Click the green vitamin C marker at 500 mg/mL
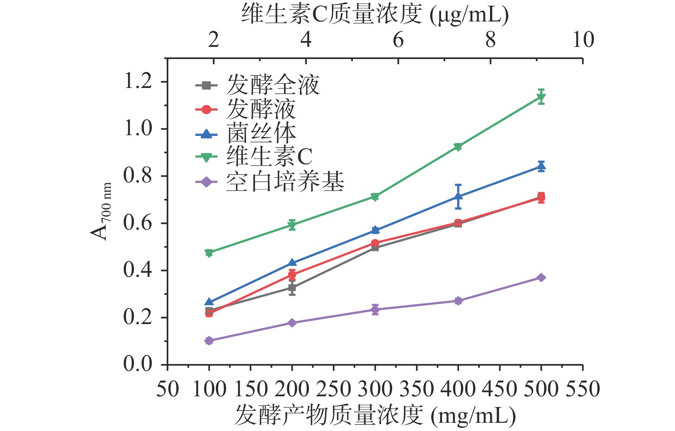point(541,97)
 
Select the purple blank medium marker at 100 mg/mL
point(209,341)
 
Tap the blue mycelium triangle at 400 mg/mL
point(458,196)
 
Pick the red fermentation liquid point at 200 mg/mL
point(292,275)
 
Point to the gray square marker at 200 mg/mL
point(292,288)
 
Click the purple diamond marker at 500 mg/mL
point(541,278)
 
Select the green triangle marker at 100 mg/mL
point(209,253)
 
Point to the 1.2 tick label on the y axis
point(137,81)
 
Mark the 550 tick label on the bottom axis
point(582,389)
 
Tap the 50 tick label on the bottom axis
point(167,389)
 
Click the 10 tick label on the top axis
point(583,39)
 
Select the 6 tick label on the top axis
point(398,39)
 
